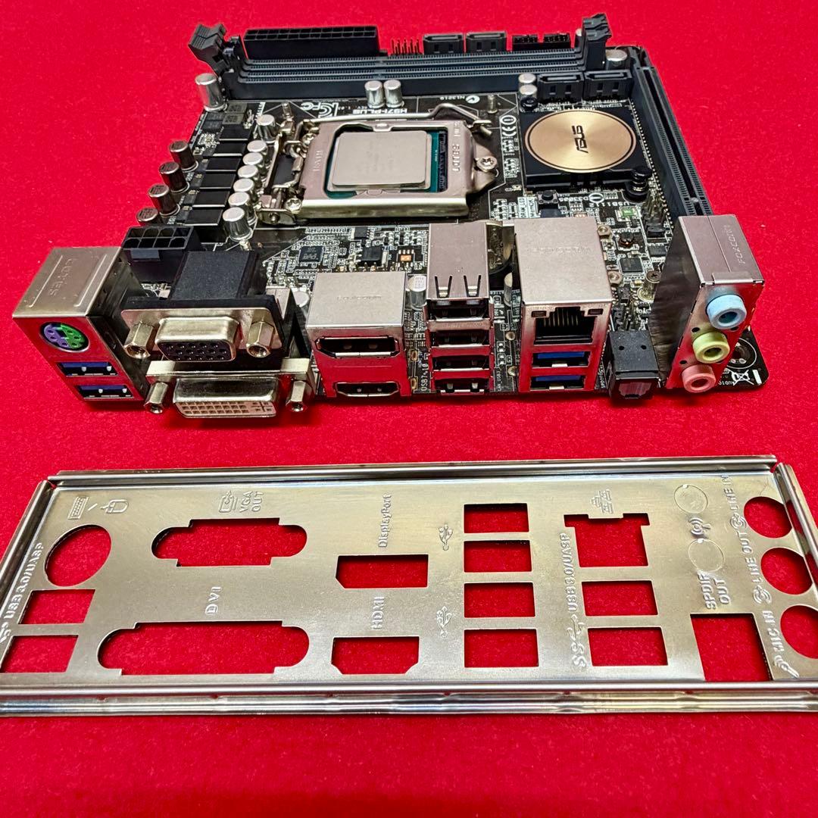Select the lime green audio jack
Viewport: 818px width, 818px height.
pos(712,348)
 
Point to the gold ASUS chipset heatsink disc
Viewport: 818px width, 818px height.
pos(580,141)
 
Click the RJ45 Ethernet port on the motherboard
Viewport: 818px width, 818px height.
pos(564,326)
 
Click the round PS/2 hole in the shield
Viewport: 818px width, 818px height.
pos(78,555)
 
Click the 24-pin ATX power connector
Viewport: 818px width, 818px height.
pos(310,42)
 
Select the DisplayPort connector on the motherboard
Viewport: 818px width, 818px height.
pos(357,345)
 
